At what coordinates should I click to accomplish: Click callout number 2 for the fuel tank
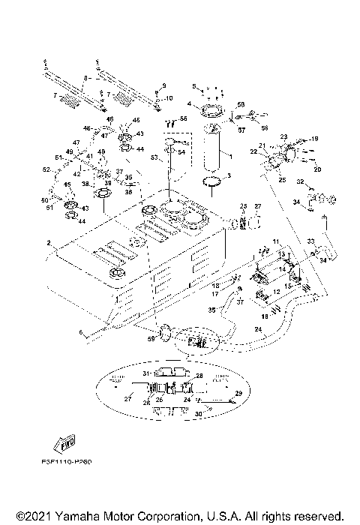[49, 243]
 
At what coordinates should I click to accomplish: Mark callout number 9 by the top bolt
[166, 85]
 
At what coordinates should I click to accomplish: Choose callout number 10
[169, 98]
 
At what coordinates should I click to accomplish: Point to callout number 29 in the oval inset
[238, 393]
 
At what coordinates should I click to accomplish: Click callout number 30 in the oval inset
[199, 414]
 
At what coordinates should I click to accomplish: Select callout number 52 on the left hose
[46, 170]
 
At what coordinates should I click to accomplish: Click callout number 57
[241, 129]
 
